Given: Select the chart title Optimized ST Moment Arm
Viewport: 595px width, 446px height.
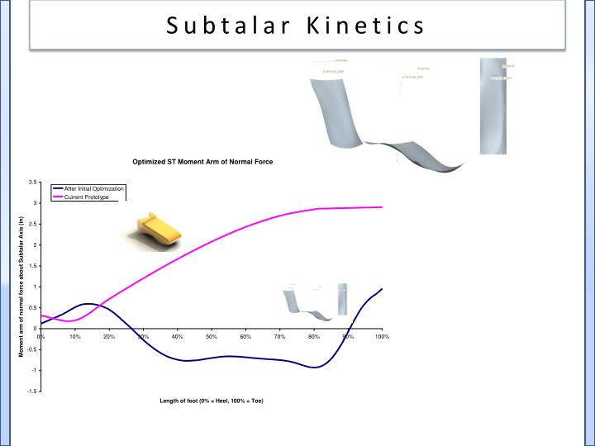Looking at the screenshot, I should tap(203, 162).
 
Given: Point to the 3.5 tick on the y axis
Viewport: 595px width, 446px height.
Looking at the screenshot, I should tap(31, 182).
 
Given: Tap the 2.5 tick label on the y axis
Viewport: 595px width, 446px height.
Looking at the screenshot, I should tap(31, 224).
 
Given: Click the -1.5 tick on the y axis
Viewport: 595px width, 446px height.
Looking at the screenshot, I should tap(30, 391).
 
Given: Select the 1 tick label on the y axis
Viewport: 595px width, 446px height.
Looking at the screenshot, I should tap(34, 287).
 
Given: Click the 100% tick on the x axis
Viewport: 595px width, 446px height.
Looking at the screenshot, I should tap(382, 336).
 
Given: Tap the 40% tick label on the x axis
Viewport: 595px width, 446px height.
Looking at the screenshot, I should tap(177, 336).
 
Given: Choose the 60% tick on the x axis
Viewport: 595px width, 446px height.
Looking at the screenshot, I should tap(245, 336).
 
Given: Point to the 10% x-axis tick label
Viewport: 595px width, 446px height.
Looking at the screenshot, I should tap(74, 336).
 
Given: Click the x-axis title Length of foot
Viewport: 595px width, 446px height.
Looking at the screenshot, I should tap(212, 401).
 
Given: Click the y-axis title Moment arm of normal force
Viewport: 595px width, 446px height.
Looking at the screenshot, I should tap(21, 286).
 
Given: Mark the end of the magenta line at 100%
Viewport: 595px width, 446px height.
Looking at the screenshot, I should tap(382, 207).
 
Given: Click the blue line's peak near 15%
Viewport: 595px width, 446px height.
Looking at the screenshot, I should tap(89, 304).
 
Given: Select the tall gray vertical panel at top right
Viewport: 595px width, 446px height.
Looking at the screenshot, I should tap(493, 106).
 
